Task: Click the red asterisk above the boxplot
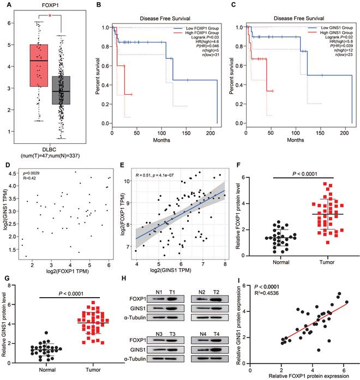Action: tap(50, 16)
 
